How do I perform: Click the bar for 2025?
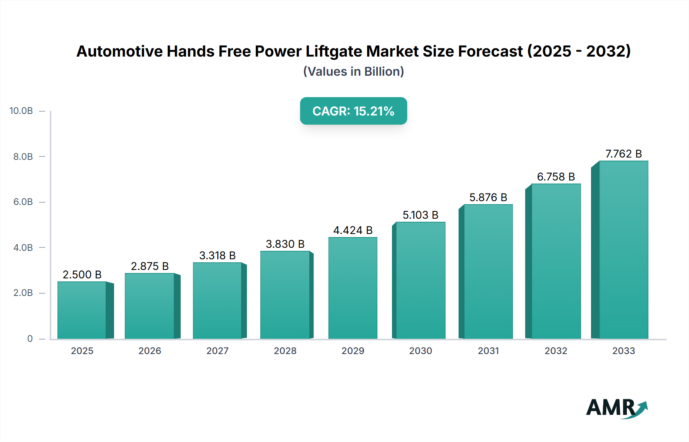(82, 310)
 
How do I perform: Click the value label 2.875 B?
(150, 266)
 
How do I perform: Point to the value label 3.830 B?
(285, 244)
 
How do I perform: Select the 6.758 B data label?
(556, 177)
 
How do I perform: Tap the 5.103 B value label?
(420, 215)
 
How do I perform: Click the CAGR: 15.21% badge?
(353, 111)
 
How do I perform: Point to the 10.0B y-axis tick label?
(21, 111)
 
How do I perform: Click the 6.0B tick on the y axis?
(23, 202)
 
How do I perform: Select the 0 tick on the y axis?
(30, 338)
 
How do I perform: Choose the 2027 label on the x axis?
(217, 351)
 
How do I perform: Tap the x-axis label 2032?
(556, 351)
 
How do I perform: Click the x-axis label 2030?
(420, 351)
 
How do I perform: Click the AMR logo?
(616, 408)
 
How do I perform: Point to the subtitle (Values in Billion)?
(353, 71)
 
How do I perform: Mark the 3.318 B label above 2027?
(217, 255)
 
